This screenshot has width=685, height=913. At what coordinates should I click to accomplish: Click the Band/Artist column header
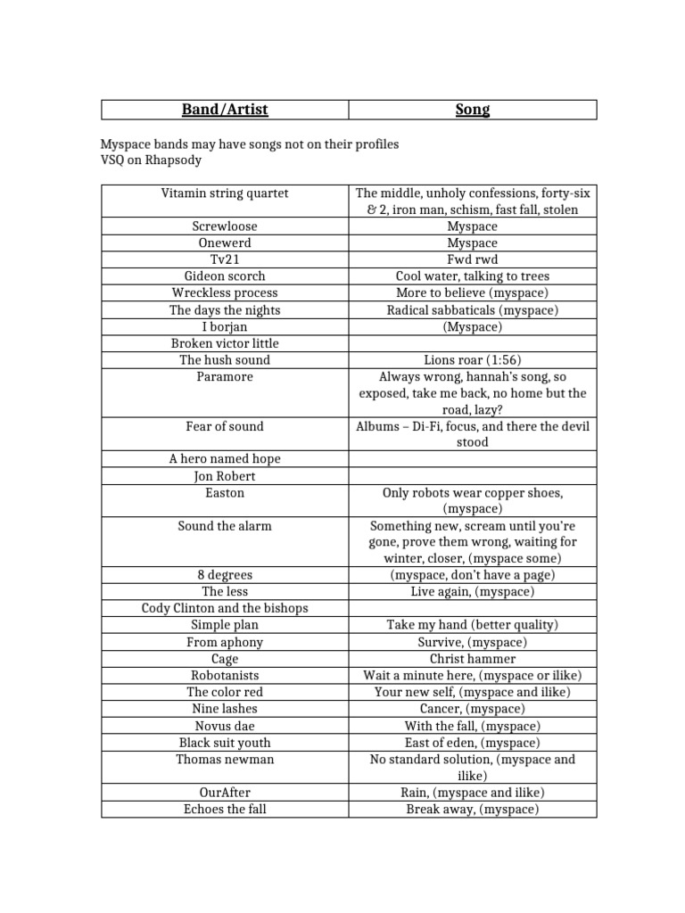click(x=225, y=110)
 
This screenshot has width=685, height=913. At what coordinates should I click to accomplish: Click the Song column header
click(x=472, y=110)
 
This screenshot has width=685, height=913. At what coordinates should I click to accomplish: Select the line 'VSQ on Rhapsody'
click(x=150, y=160)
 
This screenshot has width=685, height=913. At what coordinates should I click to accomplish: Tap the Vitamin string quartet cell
click(x=225, y=193)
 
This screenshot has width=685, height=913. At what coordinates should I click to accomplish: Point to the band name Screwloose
click(x=225, y=226)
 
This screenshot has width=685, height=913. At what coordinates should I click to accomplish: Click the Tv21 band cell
click(x=225, y=259)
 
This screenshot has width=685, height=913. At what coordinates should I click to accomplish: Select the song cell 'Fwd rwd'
click(x=472, y=259)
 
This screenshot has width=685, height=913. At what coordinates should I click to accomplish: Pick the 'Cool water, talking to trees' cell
click(x=472, y=276)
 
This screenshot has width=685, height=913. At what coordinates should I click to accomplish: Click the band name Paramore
click(x=225, y=376)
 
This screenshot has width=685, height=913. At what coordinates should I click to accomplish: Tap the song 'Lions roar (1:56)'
click(x=472, y=360)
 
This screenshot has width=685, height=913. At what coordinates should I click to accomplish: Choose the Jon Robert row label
click(x=225, y=476)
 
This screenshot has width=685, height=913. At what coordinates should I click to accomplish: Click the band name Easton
click(x=225, y=492)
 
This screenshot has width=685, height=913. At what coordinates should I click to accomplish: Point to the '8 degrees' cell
click(x=225, y=574)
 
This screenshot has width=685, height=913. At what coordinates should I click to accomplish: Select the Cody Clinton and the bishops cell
click(x=225, y=608)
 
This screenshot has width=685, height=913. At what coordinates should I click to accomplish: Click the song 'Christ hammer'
click(x=472, y=658)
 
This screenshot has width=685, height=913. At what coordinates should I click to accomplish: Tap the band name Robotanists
click(x=225, y=675)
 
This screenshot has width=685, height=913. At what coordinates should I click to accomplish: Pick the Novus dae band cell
click(x=225, y=726)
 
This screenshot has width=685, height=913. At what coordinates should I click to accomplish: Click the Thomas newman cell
click(x=225, y=759)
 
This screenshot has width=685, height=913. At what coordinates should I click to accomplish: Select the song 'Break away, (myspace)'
click(x=472, y=809)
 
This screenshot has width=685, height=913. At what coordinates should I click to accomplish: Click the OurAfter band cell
click(x=225, y=792)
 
